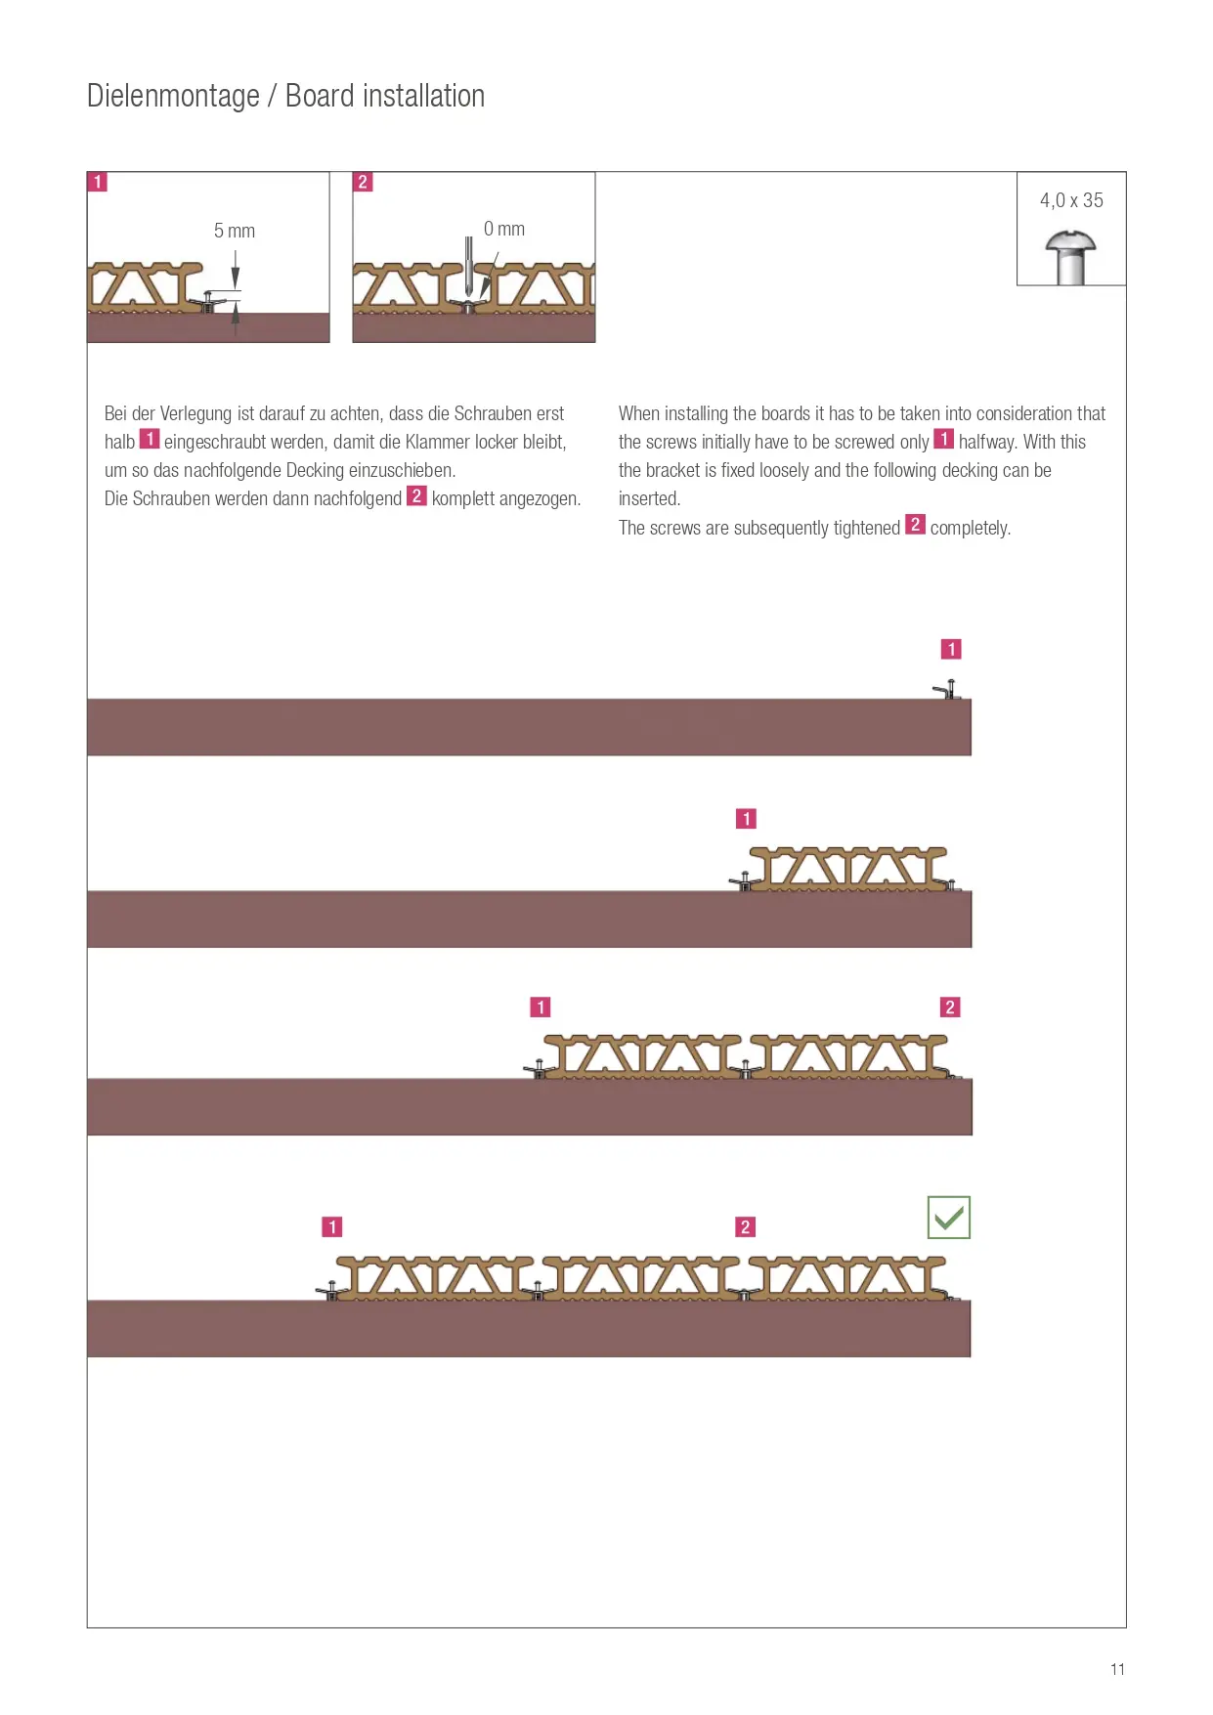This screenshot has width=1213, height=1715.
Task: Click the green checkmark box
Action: click(948, 1217)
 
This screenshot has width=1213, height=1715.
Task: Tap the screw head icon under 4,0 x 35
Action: click(1070, 257)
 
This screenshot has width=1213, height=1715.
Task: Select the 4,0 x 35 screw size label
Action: click(1071, 200)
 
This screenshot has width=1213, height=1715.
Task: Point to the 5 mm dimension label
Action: click(235, 231)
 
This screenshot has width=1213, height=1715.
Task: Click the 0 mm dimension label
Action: click(504, 229)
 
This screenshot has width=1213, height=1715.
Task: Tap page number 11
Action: click(1117, 1669)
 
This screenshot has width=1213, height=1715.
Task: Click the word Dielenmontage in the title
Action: click(173, 96)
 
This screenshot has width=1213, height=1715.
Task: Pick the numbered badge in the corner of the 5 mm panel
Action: click(98, 182)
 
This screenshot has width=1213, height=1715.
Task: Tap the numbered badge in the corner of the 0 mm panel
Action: click(363, 182)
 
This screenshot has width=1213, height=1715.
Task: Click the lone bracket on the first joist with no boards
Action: click(947, 689)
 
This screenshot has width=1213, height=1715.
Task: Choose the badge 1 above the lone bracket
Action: click(951, 649)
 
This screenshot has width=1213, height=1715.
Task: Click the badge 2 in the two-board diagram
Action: click(950, 1007)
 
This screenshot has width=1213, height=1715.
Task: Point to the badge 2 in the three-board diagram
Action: click(746, 1226)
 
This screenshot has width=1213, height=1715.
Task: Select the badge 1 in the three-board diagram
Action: click(332, 1226)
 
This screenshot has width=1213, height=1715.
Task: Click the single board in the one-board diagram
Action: click(848, 869)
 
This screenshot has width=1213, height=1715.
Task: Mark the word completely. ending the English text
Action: click(971, 528)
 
